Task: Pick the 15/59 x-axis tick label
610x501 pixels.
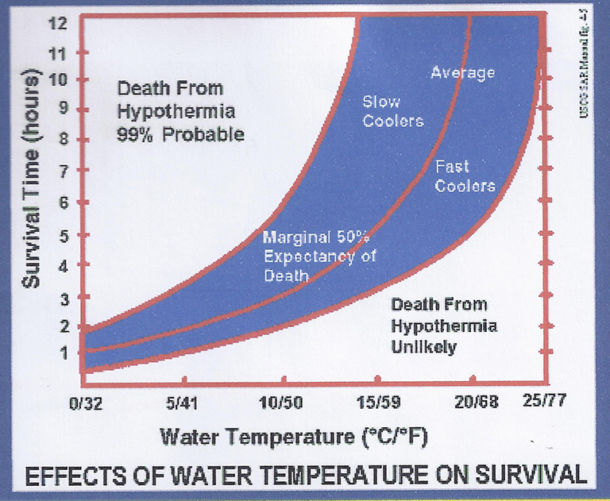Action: pyautogui.click(x=379, y=403)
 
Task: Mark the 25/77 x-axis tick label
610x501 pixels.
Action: pyautogui.click(x=545, y=401)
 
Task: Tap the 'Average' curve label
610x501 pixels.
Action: pyautogui.click(x=462, y=73)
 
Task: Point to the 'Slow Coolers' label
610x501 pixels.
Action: pyautogui.click(x=392, y=111)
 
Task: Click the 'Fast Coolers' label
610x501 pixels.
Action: pyautogui.click(x=465, y=176)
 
